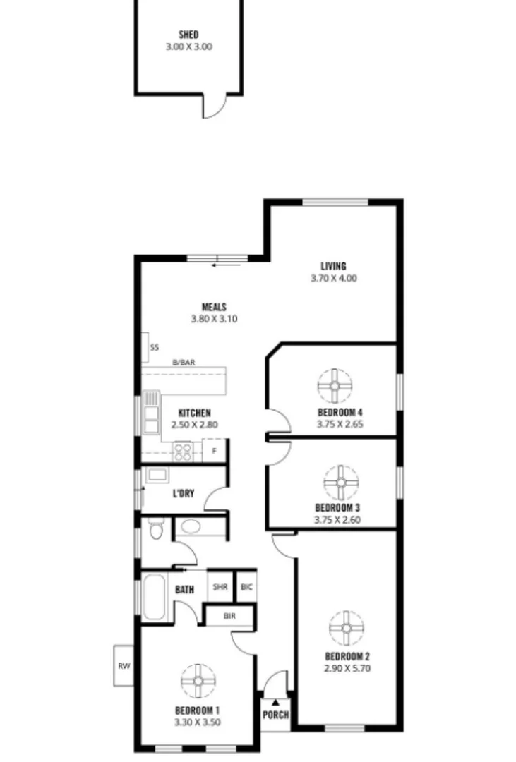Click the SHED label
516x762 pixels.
[x=188, y=35]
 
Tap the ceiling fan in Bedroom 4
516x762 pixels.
[x=335, y=385]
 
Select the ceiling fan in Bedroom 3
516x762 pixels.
[x=341, y=482]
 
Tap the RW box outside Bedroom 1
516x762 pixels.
[x=124, y=665]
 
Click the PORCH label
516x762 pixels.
[x=275, y=715]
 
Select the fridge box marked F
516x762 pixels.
[x=215, y=450]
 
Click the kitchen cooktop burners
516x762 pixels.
[x=183, y=451]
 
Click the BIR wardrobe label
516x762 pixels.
[x=229, y=616]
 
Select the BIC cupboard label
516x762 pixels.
[x=246, y=586]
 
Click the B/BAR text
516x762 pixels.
[x=184, y=363]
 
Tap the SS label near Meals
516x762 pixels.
[x=154, y=347]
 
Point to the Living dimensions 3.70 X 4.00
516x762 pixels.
[x=333, y=278]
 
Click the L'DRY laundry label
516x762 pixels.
[x=183, y=494]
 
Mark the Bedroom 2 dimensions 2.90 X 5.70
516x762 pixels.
[x=347, y=667]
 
